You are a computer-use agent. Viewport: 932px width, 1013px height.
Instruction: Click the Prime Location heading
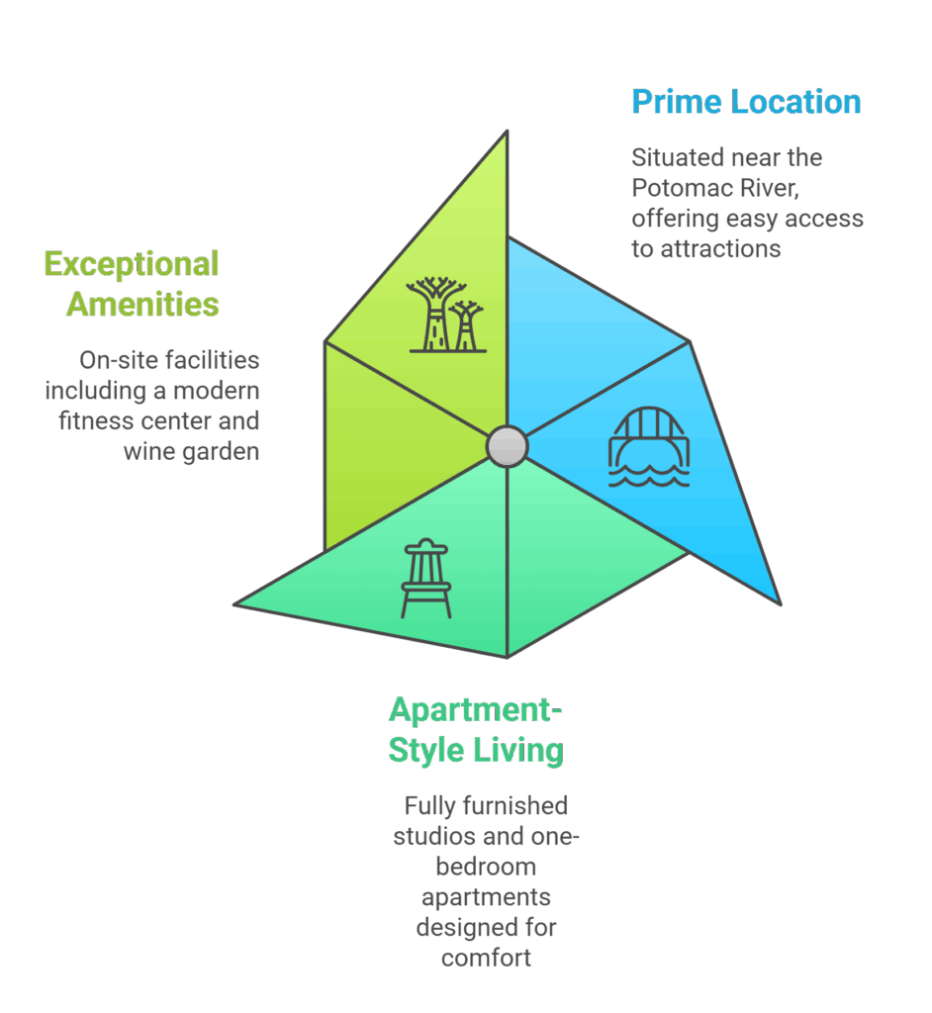746,102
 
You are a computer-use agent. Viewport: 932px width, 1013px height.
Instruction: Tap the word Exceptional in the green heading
132,264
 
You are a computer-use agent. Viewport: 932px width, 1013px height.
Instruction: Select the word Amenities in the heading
142,304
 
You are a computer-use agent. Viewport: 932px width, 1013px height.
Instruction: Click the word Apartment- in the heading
475,709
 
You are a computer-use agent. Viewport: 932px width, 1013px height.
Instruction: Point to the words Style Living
475,749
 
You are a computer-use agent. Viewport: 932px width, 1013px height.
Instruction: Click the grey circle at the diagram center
507,446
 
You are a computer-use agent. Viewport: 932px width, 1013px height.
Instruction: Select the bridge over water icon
648,448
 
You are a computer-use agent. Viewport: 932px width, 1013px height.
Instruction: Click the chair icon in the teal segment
426,579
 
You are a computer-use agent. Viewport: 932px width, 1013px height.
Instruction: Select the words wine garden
191,451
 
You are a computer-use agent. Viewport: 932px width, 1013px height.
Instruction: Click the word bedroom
486,867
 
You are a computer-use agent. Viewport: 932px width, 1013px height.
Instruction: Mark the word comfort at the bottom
486,958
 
